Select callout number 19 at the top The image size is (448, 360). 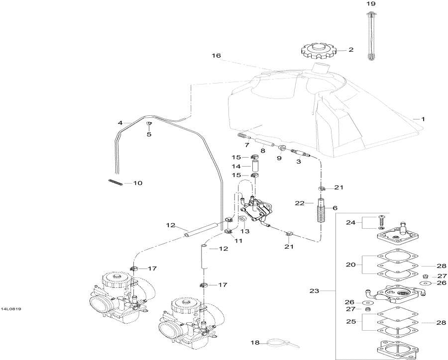[x=371, y=3]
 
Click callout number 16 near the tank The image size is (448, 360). [x=216, y=56]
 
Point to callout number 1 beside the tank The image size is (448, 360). [x=423, y=119]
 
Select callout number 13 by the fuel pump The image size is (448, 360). [x=245, y=231]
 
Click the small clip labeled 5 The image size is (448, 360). [x=149, y=123]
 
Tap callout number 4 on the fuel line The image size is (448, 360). [x=120, y=123]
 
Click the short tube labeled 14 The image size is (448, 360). [x=255, y=166]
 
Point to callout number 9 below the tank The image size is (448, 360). [x=279, y=158]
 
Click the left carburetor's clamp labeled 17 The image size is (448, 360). [x=134, y=269]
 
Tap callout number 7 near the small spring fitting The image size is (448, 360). [x=246, y=145]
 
